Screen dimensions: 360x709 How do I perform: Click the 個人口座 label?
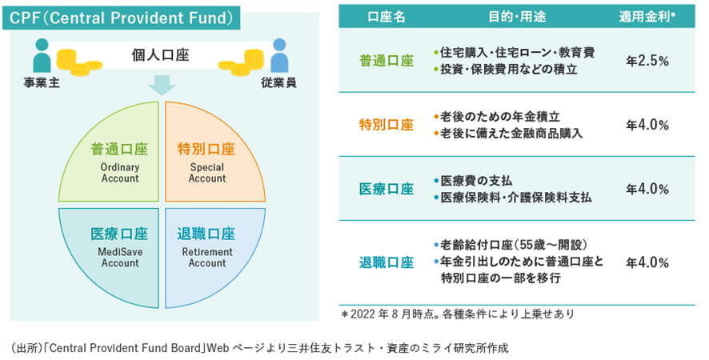pos(161,55)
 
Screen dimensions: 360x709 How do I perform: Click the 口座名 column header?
pos(387,17)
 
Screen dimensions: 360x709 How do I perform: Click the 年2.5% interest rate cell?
pos(647,61)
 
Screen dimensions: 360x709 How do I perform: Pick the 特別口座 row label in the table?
pos(387,125)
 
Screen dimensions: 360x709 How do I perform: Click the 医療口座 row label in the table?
pos(387,189)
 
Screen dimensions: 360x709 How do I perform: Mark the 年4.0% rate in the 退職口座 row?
pos(647,262)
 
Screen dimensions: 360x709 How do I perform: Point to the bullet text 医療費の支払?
pos(475,181)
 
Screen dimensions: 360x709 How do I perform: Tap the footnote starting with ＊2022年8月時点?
pos(457,313)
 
